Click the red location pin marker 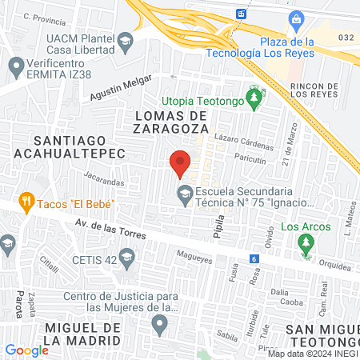click(x=181, y=162)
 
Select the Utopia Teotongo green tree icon click(x=254, y=99)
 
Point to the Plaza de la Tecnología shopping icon click(x=296, y=18)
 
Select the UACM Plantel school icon click(x=126, y=40)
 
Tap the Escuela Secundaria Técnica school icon click(x=185, y=192)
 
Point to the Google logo click(x=26, y=350)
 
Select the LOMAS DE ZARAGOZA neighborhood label click(x=166, y=121)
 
